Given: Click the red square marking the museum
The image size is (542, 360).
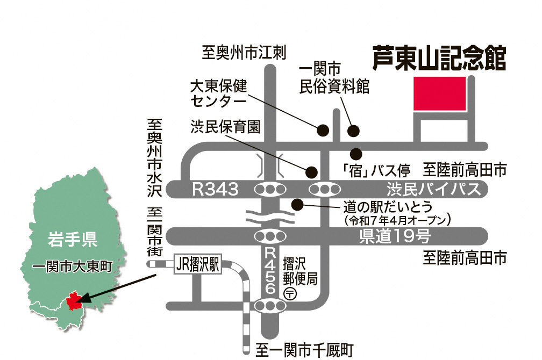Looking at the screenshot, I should tap(439, 94).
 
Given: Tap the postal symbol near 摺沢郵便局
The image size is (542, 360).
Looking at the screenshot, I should tap(290, 293).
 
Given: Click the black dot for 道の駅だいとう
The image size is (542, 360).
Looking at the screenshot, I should tap(296, 204).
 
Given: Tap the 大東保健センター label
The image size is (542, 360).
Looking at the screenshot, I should tap(218, 92).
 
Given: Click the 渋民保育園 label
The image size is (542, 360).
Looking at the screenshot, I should tap(225, 127).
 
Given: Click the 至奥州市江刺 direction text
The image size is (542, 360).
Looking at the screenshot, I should tap(244, 53).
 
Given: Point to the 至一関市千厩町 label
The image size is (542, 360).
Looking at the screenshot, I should tap(304, 350).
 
